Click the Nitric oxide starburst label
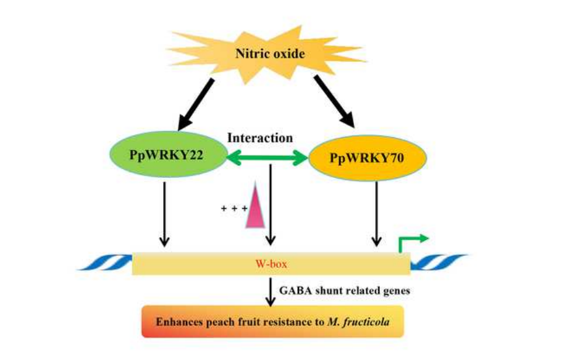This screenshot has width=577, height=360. (270, 54)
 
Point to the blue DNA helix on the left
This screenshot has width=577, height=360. (104, 264)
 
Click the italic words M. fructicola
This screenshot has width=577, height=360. (360, 321)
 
